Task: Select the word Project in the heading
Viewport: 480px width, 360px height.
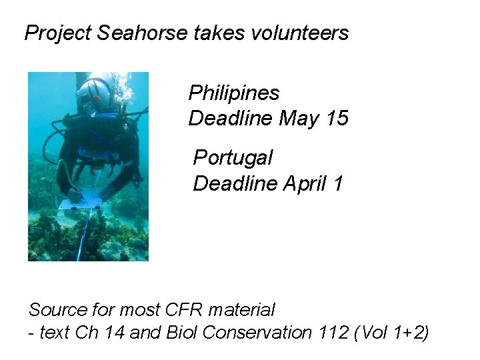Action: pyautogui.click(x=59, y=33)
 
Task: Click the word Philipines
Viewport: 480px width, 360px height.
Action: pyautogui.click(x=234, y=93)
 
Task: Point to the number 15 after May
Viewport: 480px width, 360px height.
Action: pyautogui.click(x=337, y=119)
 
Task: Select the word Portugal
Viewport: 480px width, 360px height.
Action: pyautogui.click(x=233, y=158)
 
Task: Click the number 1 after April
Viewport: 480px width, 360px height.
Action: pyautogui.click(x=339, y=183)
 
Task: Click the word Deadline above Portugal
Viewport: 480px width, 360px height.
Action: pyautogui.click(x=231, y=119)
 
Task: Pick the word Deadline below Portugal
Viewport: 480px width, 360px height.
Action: pyautogui.click(x=235, y=183)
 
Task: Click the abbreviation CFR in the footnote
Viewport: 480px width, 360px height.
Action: pyautogui.click(x=184, y=310)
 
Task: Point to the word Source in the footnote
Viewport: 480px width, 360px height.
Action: pyautogui.click(x=58, y=310)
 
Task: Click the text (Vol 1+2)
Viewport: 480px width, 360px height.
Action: pyautogui.click(x=393, y=332)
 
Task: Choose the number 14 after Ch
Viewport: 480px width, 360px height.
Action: pyautogui.click(x=113, y=332)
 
